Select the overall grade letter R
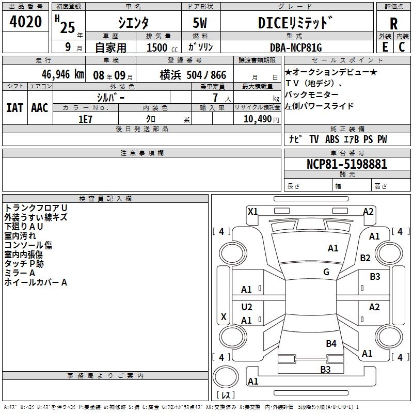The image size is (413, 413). (393, 23)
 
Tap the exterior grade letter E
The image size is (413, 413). (384, 46)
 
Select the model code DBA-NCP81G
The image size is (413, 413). (296, 47)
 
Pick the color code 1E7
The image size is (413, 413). (85, 118)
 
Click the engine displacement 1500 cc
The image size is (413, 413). (158, 47)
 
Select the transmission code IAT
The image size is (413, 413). (14, 107)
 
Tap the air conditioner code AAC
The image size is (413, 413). (39, 107)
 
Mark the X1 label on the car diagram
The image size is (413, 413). (253, 211)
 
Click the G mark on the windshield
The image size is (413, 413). (326, 272)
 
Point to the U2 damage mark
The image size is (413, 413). (247, 307)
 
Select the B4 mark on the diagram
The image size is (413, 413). (331, 343)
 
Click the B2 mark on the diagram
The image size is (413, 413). (366, 258)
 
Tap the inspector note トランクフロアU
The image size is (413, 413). (36, 208)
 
